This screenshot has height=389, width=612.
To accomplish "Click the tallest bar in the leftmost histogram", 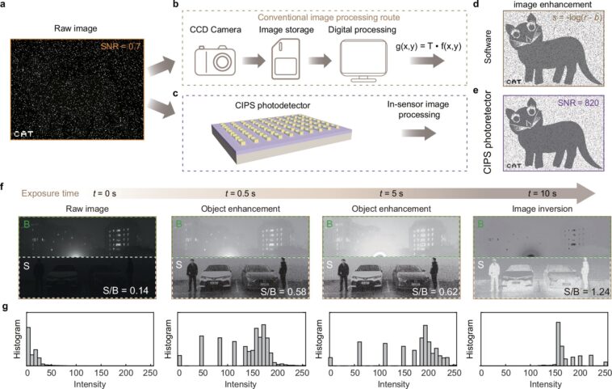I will pyautogui.click(x=28, y=347).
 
